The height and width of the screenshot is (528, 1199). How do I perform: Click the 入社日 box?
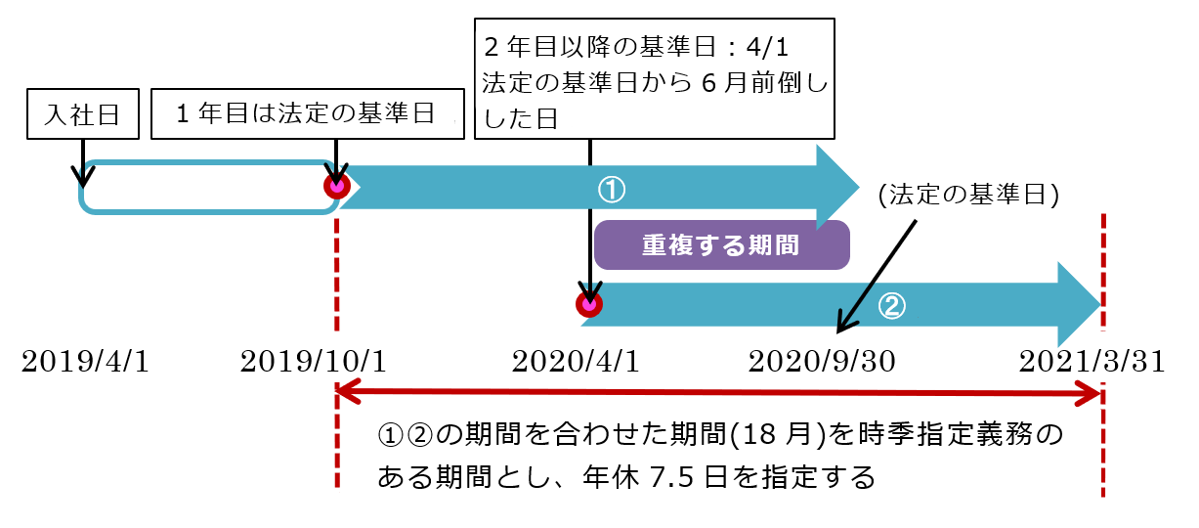point(82,114)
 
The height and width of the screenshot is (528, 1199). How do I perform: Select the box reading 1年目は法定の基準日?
point(304,114)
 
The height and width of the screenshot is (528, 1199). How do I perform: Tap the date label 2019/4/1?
point(85,363)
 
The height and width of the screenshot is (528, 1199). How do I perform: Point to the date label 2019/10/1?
point(314,363)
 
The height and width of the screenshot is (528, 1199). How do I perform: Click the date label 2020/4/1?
point(576,363)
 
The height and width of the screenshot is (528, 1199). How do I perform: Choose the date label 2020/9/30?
point(822,363)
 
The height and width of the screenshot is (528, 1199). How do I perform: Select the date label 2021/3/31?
point(1092,363)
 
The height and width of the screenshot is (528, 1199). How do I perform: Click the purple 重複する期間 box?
point(720,244)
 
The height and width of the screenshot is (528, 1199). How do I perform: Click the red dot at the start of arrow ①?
point(337,186)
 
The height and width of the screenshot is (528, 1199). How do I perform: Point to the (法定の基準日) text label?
point(968,195)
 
